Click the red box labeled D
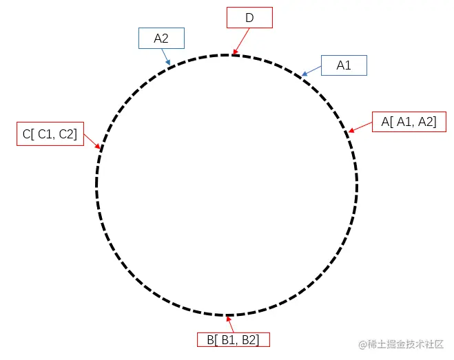pyautogui.click(x=249, y=18)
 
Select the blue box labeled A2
pyautogui.click(x=161, y=39)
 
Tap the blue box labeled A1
pyautogui.click(x=344, y=65)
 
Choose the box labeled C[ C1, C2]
pyautogui.click(x=50, y=134)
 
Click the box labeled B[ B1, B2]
pyautogui.click(x=233, y=339)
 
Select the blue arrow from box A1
pyautogui.click(x=311, y=70)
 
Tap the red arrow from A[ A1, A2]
pyautogui.click(x=360, y=126)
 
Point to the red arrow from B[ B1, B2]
pyautogui.click(x=230, y=324)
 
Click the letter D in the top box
pyautogui.click(x=249, y=18)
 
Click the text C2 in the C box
pyautogui.click(x=67, y=134)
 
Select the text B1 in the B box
pyautogui.click(x=228, y=339)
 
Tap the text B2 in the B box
pyautogui.click(x=251, y=339)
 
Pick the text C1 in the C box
pyautogui.click(x=43, y=134)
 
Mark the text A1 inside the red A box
pyautogui.click(x=403, y=122)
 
